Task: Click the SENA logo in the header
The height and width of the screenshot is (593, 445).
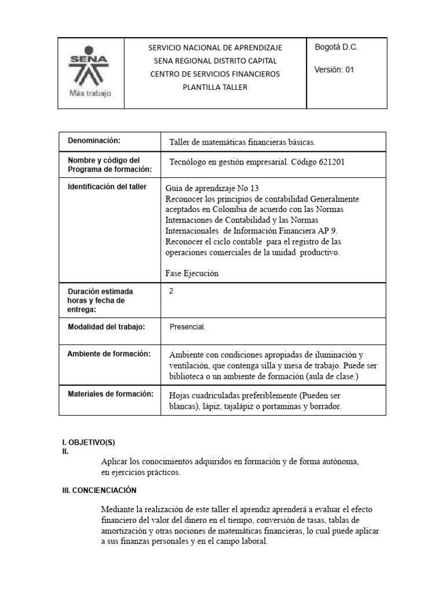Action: pos(90,67)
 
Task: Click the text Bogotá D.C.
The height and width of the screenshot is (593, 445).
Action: pos(336,47)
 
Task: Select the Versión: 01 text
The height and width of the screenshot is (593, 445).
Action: pos(334,69)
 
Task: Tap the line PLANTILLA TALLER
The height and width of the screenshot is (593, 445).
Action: pos(215,87)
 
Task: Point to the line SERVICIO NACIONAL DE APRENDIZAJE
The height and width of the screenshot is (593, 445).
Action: pos(215,47)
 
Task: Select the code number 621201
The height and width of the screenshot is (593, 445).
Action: pos(331,162)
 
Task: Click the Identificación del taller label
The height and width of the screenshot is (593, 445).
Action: pos(107,186)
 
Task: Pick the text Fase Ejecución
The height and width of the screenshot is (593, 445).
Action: pos(192,273)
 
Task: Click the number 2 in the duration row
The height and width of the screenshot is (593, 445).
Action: pos(171,291)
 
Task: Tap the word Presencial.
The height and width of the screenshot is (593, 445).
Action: pos(188,327)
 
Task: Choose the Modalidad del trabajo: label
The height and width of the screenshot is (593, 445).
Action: pos(106,327)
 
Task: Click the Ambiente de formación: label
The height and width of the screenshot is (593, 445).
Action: pos(109,354)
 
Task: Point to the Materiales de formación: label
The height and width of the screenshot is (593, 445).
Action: pos(111,394)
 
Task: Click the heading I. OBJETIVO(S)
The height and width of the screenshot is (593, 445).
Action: pos(89,442)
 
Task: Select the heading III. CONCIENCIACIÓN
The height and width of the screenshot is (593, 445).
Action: pos(99,490)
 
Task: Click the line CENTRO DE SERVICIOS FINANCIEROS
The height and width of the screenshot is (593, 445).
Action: pos(215,74)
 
